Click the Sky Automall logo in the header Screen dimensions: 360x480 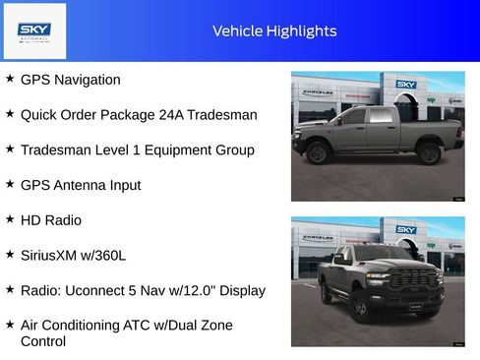34,30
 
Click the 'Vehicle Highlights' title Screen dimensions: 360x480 274,31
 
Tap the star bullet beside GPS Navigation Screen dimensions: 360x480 10,79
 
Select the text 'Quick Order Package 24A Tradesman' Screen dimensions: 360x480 139,115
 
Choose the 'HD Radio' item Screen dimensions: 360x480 51,220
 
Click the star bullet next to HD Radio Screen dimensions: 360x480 10,219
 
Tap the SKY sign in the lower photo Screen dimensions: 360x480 406,230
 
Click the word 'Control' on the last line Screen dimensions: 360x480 43,341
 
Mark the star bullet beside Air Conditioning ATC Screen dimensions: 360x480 10,325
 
